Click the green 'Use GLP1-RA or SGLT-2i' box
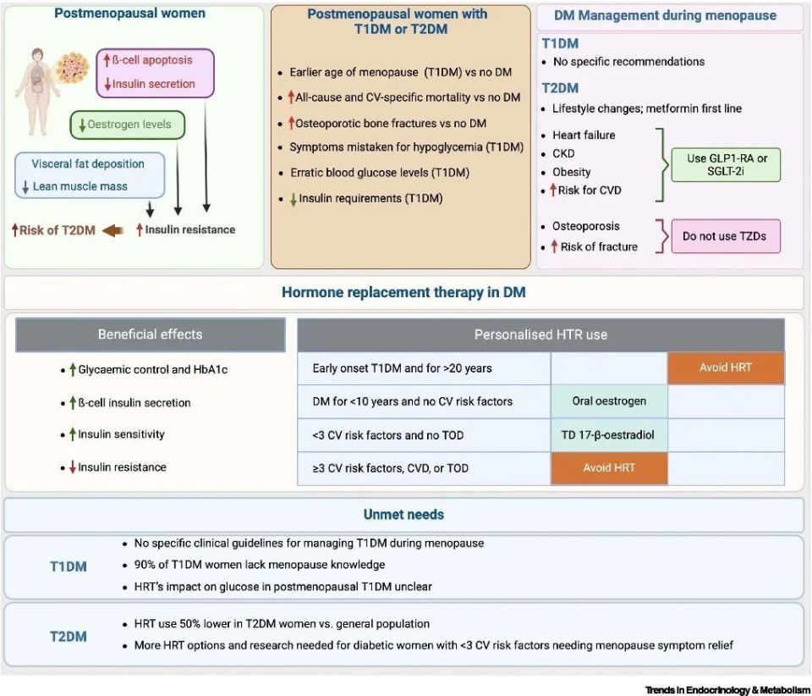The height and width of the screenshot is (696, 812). click(x=726, y=165)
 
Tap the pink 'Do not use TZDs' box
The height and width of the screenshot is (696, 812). click(x=726, y=236)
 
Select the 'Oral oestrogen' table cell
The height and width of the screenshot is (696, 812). click(x=609, y=401)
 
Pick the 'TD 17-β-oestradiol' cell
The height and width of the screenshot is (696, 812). click(x=609, y=435)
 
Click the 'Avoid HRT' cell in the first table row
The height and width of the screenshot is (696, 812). click(x=726, y=368)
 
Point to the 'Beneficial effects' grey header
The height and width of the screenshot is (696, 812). click(x=151, y=334)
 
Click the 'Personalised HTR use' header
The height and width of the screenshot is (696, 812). click(x=540, y=334)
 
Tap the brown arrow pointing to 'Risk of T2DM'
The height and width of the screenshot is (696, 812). click(x=113, y=230)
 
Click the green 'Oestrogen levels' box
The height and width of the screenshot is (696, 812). click(x=128, y=125)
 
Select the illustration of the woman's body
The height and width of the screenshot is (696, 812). click(x=38, y=91)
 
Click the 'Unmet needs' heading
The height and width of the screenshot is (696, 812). click(x=403, y=515)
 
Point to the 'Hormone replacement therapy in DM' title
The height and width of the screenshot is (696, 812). click(x=403, y=293)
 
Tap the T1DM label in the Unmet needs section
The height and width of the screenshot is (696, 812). click(x=69, y=566)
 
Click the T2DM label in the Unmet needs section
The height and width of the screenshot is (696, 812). click(x=69, y=637)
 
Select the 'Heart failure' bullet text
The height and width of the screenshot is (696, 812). click(x=584, y=135)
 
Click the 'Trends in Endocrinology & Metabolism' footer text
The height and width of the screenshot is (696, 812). click(x=727, y=690)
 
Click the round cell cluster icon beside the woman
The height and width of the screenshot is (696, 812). click(x=73, y=68)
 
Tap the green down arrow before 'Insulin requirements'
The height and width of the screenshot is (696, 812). click(x=294, y=199)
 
